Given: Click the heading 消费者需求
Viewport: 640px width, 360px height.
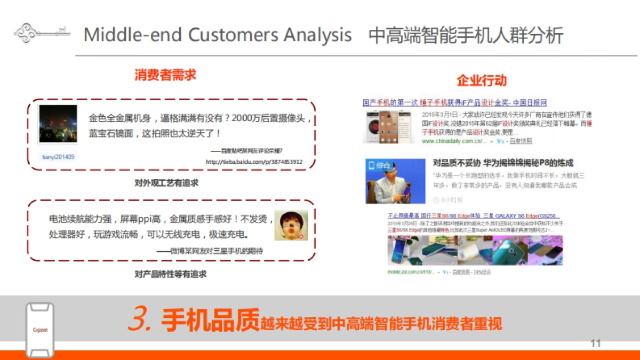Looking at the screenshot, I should (165, 75).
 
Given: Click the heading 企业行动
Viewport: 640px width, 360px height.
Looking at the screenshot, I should (482, 81).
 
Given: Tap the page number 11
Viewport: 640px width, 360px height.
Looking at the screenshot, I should (596, 343).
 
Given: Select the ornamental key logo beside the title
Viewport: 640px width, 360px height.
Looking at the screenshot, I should (42, 33).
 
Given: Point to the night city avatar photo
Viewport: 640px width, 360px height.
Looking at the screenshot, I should (58, 124).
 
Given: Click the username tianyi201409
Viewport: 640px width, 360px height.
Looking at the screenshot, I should (58, 157).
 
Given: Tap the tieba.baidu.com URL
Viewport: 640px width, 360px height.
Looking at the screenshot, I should (254, 162).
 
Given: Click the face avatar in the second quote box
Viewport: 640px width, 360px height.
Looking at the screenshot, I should (291, 225).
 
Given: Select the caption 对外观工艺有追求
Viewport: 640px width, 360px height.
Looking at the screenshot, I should (166, 183).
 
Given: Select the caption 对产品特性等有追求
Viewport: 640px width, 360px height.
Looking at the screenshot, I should (170, 274).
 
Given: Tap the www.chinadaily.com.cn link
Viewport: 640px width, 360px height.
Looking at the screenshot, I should (454, 141).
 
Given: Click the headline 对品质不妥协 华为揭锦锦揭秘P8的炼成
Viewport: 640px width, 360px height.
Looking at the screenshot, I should (503, 163).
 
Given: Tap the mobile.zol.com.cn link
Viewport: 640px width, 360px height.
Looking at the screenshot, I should (413, 272).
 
